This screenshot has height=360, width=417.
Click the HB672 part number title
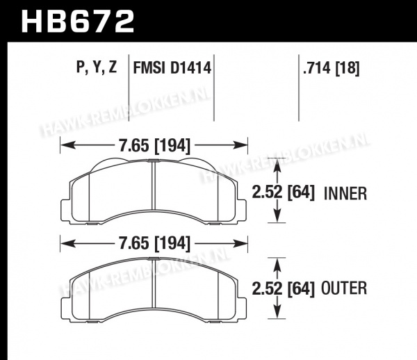click(78, 22)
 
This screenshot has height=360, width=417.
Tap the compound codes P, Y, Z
click(97, 67)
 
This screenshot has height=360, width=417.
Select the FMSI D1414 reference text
click(172, 67)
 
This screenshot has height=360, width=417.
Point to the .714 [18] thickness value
click(332, 68)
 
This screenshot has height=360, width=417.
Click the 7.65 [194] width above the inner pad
click(155, 146)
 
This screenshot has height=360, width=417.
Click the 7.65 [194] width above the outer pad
click(155, 243)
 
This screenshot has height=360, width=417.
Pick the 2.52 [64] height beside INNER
click(284, 192)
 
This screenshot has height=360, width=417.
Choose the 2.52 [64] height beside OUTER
click(284, 288)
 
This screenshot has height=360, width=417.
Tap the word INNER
click(345, 193)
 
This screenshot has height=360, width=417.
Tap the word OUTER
click(344, 288)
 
